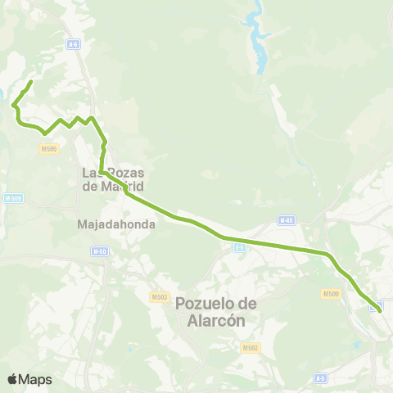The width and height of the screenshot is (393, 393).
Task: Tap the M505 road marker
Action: [x=47, y=148]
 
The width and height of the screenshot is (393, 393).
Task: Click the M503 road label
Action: [x=159, y=297]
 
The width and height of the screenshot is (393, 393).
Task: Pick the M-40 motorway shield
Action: [x=285, y=220]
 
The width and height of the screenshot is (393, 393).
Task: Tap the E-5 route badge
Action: [x=239, y=246]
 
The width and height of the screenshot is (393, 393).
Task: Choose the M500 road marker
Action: [x=331, y=294]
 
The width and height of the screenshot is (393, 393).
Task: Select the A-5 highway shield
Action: [x=322, y=378]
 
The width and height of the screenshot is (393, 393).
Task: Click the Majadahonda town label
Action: [x=111, y=224]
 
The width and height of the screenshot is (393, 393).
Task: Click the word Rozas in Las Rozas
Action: [x=125, y=173]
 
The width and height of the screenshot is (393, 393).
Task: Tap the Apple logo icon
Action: [x=12, y=379]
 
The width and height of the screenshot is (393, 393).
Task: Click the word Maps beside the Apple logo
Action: [x=36, y=379]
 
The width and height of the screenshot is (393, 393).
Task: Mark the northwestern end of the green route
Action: [x=30, y=82]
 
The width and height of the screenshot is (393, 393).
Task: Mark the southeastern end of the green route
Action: [x=380, y=310]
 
